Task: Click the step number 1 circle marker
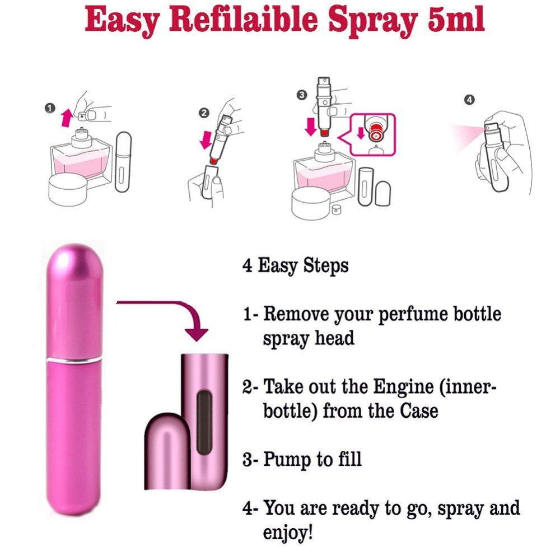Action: pos(51,108)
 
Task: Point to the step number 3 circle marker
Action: pos(302,96)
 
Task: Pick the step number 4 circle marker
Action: pos(469,100)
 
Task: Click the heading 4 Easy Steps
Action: pos(295,265)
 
